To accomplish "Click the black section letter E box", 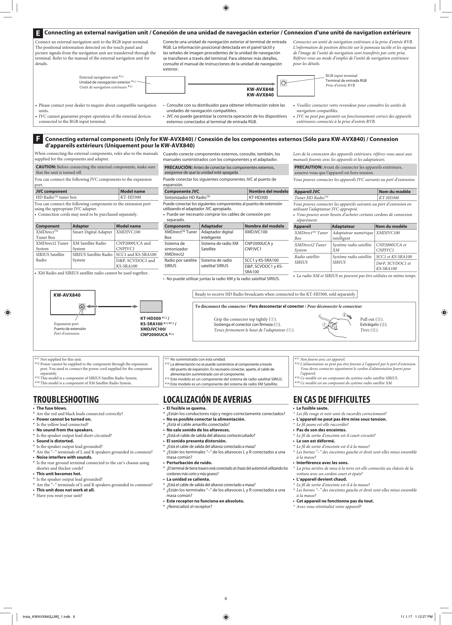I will pos(38,33).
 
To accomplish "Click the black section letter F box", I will pos(38,139).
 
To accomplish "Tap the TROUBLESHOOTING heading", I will pos(66,399).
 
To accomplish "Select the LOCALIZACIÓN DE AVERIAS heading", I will pos(207,399).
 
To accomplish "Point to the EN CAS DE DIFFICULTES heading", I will pos(332,399).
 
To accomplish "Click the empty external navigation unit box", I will pos(165,85).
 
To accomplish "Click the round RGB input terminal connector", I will pos(283,83).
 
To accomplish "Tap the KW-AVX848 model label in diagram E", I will pos(260,89).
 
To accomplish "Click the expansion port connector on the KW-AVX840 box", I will pos(82,306).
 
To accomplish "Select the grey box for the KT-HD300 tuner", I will pos(151,306).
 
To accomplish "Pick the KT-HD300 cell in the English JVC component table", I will pos(128,197).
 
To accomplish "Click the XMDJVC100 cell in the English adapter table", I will pos(128,232).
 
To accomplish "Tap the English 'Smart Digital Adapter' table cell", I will pos(92,232).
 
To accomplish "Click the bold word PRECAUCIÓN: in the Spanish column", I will pos(178,167).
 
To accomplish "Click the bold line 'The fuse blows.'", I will pos(52,408).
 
